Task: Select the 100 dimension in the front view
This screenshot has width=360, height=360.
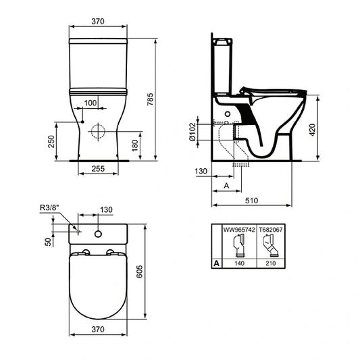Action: point(90,102)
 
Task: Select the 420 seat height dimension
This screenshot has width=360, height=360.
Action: point(312,129)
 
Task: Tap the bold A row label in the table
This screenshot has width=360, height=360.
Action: point(215,265)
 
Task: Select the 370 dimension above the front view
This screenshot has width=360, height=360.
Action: point(99,21)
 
